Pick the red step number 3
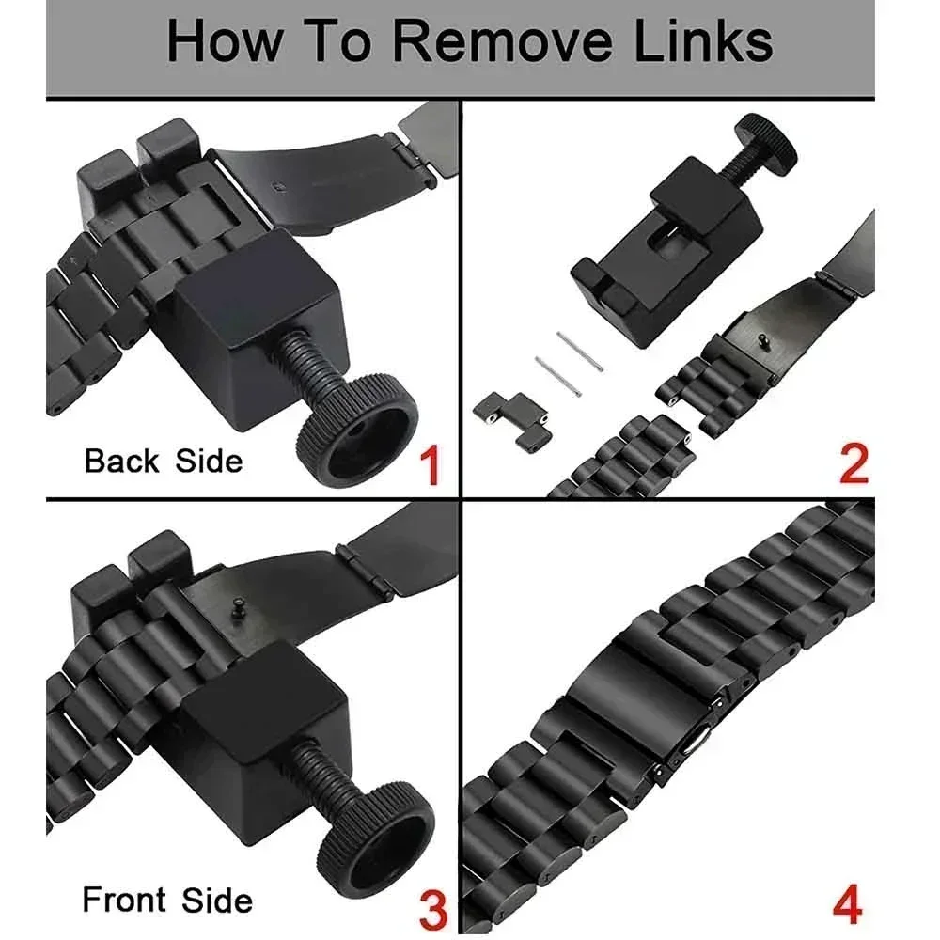coord(431,910)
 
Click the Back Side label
coord(163,462)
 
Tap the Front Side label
coord(167,900)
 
